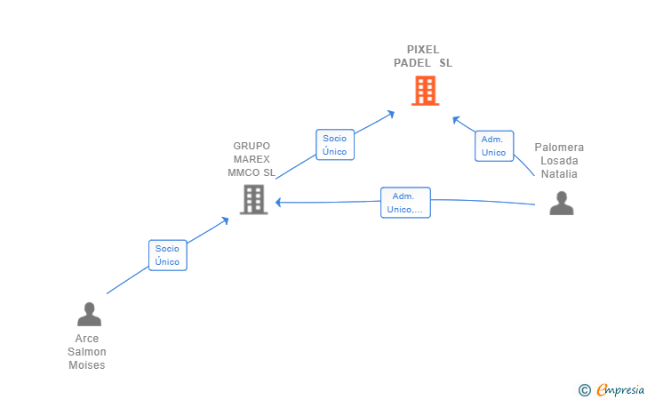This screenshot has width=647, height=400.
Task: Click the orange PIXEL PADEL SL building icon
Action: pyautogui.click(x=425, y=91)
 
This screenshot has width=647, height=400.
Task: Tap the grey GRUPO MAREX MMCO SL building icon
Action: pyautogui.click(x=254, y=200)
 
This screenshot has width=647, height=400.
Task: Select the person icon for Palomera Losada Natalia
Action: pyautogui.click(x=561, y=203)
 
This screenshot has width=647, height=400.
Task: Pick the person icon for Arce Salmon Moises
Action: pyautogui.click(x=89, y=314)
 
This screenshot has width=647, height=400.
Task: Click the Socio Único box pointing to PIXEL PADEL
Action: pyautogui.click(x=335, y=145)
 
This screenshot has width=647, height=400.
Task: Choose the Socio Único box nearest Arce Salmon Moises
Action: pyautogui.click(x=167, y=255)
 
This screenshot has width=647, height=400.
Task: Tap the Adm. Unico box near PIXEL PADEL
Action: pyautogui.click(x=494, y=146)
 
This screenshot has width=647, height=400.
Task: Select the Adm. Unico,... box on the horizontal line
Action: pyautogui.click(x=405, y=203)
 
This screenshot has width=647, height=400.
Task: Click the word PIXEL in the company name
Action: pyautogui.click(x=423, y=50)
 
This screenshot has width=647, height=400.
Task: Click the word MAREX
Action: pyautogui.click(x=252, y=159)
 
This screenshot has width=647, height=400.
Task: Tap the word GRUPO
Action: pyautogui.click(x=252, y=146)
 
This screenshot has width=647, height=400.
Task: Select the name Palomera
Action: pyautogui.click(x=559, y=148)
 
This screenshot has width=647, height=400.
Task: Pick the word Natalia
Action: pyautogui.click(x=559, y=174)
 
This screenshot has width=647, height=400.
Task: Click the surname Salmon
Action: pyautogui.click(x=87, y=352)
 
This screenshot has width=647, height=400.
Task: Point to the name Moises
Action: pyautogui.click(x=87, y=365)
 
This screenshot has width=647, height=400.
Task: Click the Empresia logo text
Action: pyautogui.click(x=620, y=389)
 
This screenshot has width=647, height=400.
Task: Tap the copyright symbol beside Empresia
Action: pyautogui.click(x=584, y=390)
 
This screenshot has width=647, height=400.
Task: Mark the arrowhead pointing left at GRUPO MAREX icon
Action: pyautogui.click(x=278, y=203)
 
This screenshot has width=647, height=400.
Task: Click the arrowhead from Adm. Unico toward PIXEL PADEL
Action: pyautogui.click(x=456, y=120)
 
